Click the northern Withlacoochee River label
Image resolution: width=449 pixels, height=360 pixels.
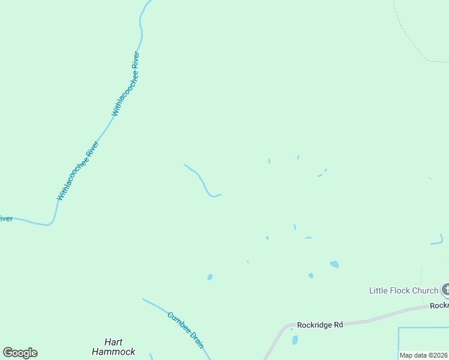[125, 85]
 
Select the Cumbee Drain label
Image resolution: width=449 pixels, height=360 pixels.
[186, 329]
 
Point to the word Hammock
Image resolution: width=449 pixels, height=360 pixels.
[113, 352]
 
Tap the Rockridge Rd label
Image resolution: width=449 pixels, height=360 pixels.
[320, 325]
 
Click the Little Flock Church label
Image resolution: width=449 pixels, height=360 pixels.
[403, 290]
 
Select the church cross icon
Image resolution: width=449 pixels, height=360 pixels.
[445, 290]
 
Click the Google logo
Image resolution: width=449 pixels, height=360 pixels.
[20, 352]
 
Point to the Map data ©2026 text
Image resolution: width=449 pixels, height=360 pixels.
[423, 355]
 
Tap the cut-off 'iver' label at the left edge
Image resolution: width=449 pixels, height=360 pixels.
[6, 218]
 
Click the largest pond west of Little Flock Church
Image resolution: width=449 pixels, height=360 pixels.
[334, 264]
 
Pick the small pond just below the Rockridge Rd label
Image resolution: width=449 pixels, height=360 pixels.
[295, 340]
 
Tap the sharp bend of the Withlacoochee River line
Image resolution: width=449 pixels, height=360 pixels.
[50, 224]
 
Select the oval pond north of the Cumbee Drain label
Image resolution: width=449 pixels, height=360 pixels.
[209, 277]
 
